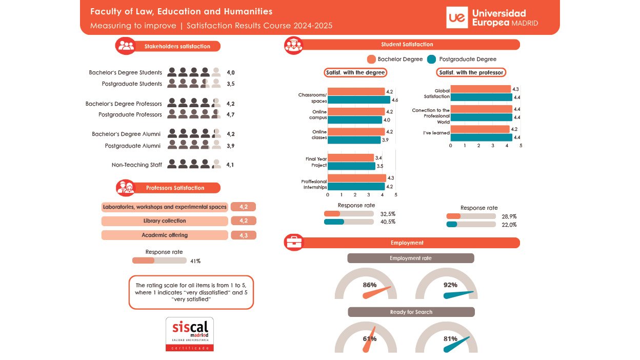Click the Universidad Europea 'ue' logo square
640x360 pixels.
(457, 18)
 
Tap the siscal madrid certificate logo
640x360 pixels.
(190, 334)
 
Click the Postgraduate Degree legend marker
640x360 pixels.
(431, 59)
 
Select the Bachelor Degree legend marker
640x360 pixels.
(372, 59)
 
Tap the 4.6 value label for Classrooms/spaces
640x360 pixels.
(395, 99)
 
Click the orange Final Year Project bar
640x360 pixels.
(351, 158)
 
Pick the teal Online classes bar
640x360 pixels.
(354, 140)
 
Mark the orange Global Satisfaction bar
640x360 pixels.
(481, 89)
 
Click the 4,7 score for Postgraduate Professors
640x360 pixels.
(231, 114)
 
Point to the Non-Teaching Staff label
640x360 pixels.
(137, 165)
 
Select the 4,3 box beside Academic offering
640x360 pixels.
(244, 235)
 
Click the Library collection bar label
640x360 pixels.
(165, 221)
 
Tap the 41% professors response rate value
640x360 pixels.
(195, 261)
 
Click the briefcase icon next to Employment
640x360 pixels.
(294, 243)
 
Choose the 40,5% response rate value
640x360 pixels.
(388, 222)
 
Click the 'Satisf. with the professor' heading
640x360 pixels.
(471, 73)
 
